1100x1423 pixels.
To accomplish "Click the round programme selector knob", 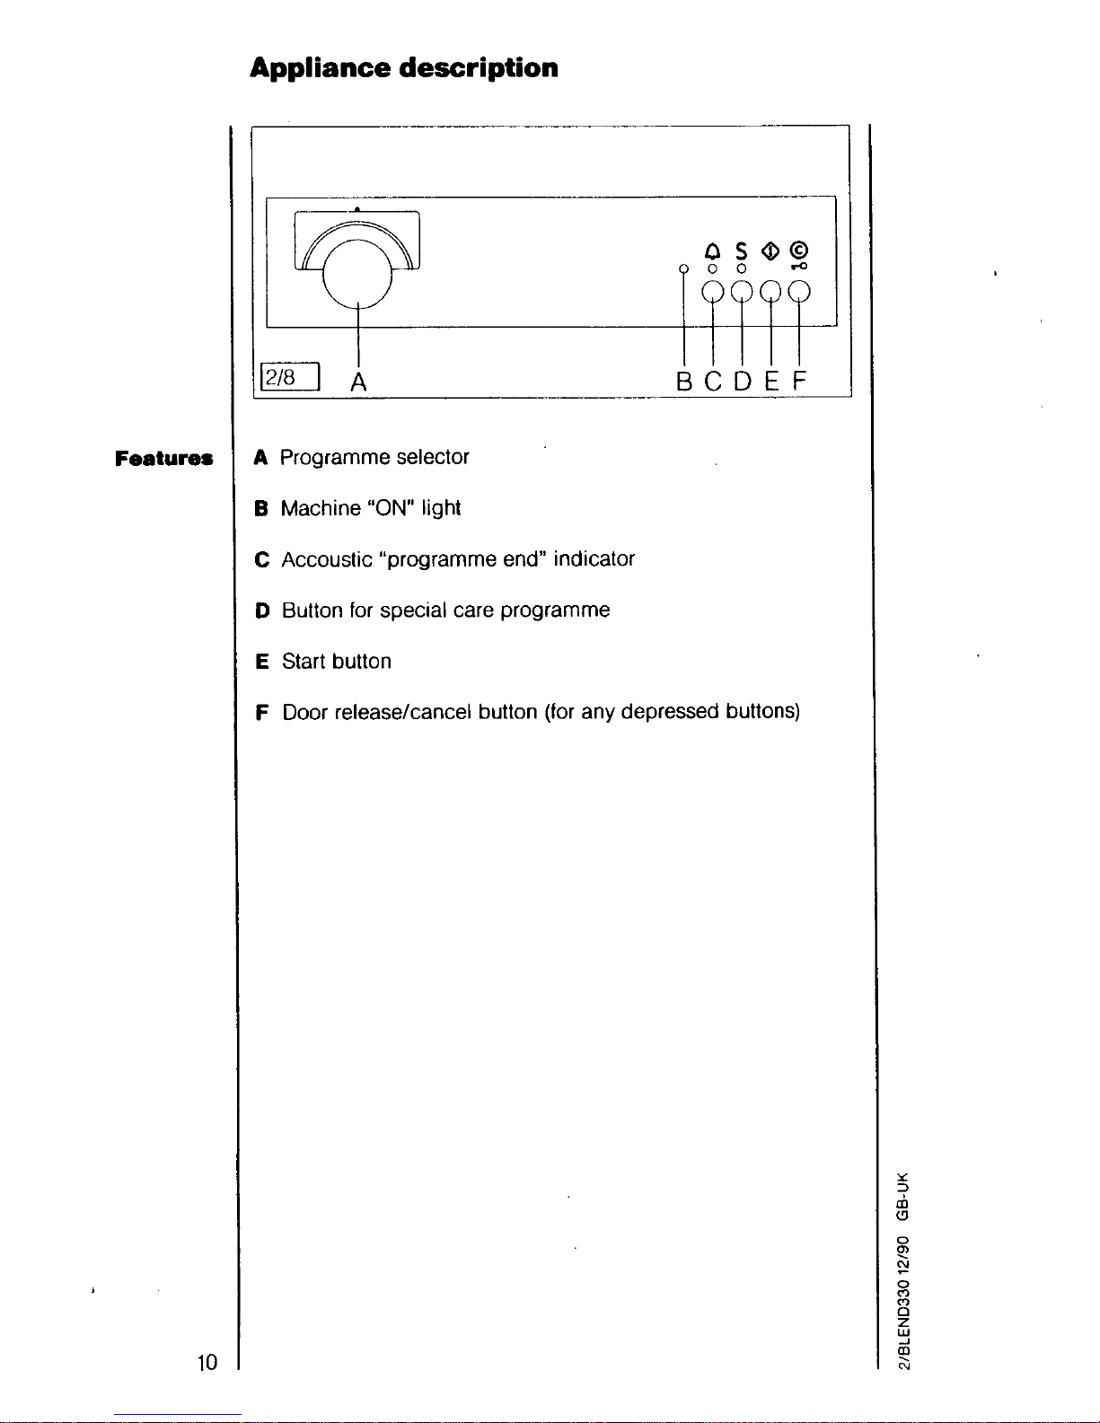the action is [x=357, y=274].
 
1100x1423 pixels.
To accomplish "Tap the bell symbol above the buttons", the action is [x=712, y=251].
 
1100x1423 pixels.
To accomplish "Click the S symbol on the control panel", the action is [x=741, y=251].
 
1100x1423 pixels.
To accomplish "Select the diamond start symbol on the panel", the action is [x=770, y=250].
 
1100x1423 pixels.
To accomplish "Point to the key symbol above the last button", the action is [x=799, y=266].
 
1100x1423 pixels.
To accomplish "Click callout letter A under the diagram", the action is [x=358, y=382].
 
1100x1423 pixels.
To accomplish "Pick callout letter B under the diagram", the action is [x=683, y=382].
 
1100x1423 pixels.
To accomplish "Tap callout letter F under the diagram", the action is [x=799, y=381].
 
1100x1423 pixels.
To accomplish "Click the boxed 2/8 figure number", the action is [x=290, y=376].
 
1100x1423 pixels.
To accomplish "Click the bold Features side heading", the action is [x=163, y=458].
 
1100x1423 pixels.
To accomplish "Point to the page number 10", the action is [x=207, y=1362].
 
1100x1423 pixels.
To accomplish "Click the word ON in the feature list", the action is [x=391, y=508].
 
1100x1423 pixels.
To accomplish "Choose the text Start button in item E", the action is [x=337, y=662].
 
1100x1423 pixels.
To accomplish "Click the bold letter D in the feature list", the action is [x=262, y=611].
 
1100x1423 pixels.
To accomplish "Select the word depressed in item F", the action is [x=670, y=712].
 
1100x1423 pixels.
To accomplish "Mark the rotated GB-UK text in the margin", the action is [x=903, y=1197].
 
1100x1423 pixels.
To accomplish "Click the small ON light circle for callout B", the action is [x=683, y=268].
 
